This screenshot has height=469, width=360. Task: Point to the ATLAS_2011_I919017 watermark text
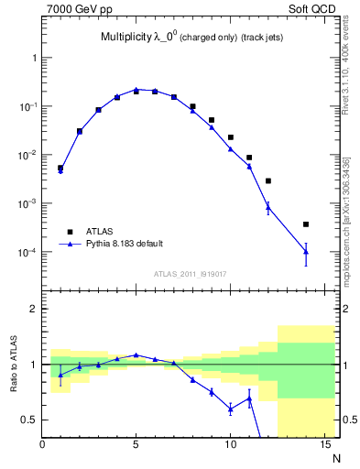[x=190, y=273]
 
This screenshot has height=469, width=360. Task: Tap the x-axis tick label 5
[x=136, y=445]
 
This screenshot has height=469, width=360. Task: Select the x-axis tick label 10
[x=230, y=445]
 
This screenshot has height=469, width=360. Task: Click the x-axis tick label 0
[x=42, y=445]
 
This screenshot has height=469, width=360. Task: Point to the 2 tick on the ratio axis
[x=31, y=309]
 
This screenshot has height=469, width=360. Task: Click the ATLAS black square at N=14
[x=306, y=224]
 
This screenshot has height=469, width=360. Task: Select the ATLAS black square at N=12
[x=268, y=180]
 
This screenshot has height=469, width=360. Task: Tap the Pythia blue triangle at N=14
[x=306, y=251]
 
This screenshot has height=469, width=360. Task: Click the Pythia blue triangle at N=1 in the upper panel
[x=60, y=171]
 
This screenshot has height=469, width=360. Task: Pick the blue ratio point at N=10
[x=230, y=409]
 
